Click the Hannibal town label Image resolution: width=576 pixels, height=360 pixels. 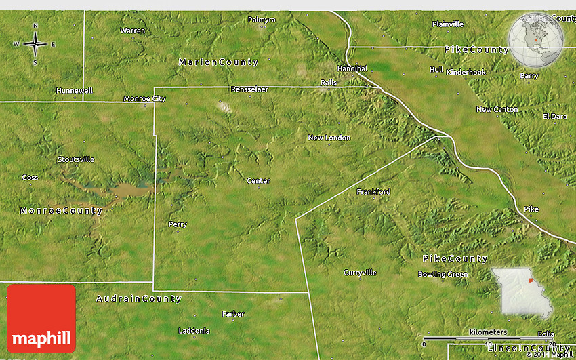pyautogui.click(x=352, y=68)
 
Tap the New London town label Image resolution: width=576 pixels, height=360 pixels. pyautogui.click(x=329, y=138)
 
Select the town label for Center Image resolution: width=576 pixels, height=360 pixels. pyautogui.click(x=258, y=180)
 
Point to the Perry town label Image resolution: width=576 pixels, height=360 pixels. pyautogui.click(x=178, y=224)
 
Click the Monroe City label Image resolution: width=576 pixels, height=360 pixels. pyautogui.click(x=144, y=98)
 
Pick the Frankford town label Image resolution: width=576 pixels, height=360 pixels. pyautogui.click(x=373, y=192)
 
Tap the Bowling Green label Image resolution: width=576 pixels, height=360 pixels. pyautogui.click(x=443, y=274)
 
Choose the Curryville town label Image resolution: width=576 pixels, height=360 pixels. pyautogui.click(x=360, y=273)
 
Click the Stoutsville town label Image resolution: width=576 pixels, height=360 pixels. pyautogui.click(x=76, y=159)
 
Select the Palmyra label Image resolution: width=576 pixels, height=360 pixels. pyautogui.click(x=262, y=20)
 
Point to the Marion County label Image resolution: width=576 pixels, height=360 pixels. pyautogui.click(x=218, y=62)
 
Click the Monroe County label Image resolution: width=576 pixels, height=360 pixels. pyautogui.click(x=61, y=211)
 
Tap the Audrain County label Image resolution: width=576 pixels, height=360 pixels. pyautogui.click(x=139, y=298)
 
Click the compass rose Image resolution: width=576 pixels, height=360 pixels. pyautogui.click(x=35, y=44)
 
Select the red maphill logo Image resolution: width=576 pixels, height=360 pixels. pyautogui.click(x=41, y=318)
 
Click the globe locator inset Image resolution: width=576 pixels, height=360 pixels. pyautogui.click(x=536, y=39)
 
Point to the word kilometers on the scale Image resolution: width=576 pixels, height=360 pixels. pyautogui.click(x=488, y=332)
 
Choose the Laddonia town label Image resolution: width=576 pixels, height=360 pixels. pyautogui.click(x=194, y=331)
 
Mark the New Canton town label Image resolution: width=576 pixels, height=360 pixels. pyautogui.click(x=497, y=109)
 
